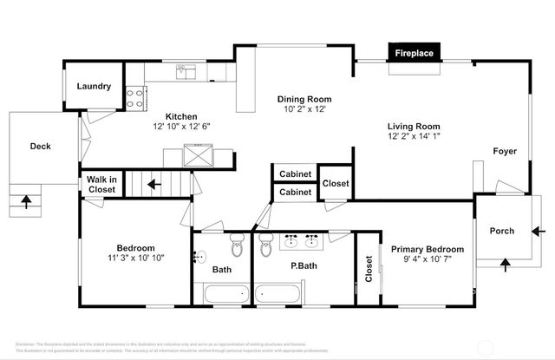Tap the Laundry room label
pos(94,86)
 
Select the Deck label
pos(40,147)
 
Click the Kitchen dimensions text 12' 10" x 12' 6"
pos(182,127)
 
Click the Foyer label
pos(505,151)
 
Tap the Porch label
pos(502,231)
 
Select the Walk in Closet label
pos(101,184)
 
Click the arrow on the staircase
pos(152,184)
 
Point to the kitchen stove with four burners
pos(134,98)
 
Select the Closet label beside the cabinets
pos(336,183)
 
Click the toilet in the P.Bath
pos(265,248)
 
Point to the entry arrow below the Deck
pos(25,203)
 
